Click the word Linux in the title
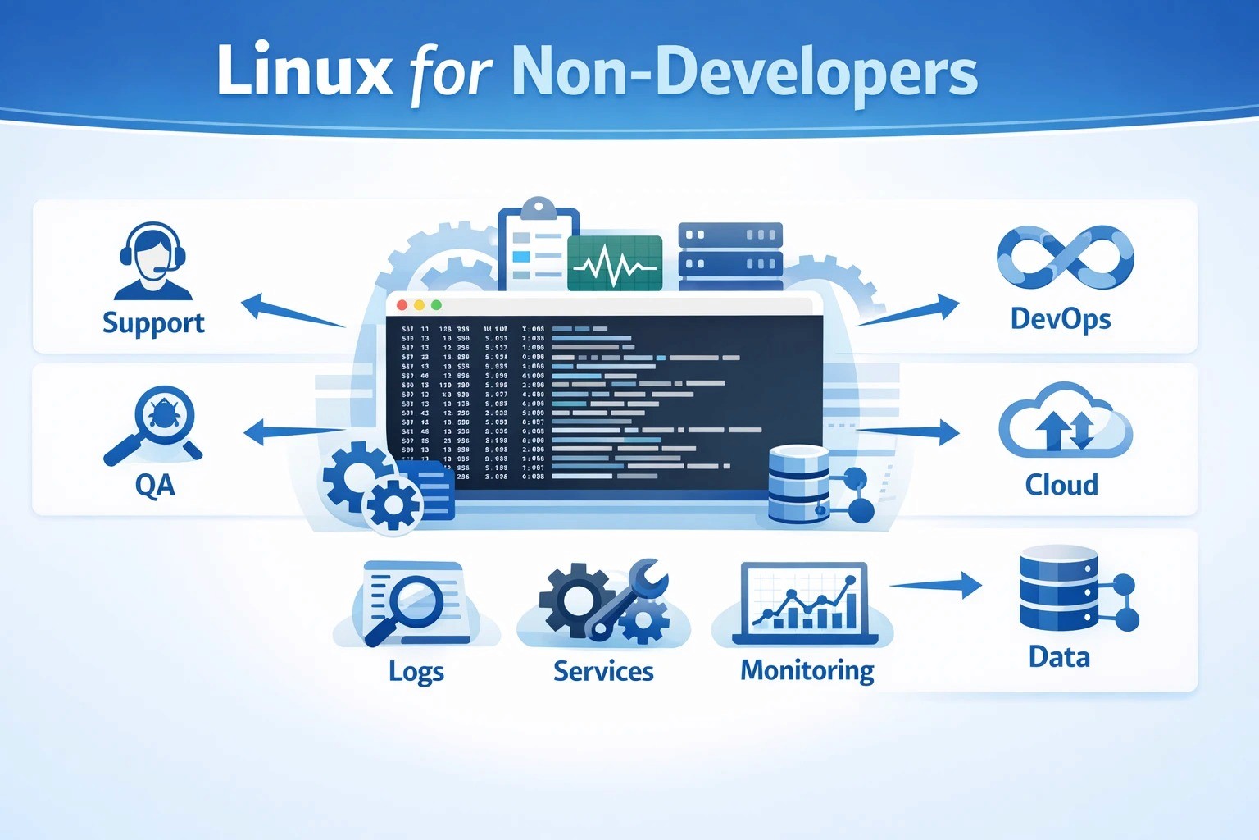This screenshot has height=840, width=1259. click(304, 71)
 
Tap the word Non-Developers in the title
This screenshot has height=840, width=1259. click(743, 72)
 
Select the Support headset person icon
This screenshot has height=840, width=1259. click(153, 262)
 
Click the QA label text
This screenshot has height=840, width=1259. click(155, 485)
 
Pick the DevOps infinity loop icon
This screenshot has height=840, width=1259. click(1065, 258)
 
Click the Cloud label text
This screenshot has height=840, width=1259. click(1061, 485)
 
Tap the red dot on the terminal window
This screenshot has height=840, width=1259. click(402, 304)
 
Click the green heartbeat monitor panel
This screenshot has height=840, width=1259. click(615, 263)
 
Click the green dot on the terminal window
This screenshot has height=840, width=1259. click(436, 304)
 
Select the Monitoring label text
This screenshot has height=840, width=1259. click(807, 671)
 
